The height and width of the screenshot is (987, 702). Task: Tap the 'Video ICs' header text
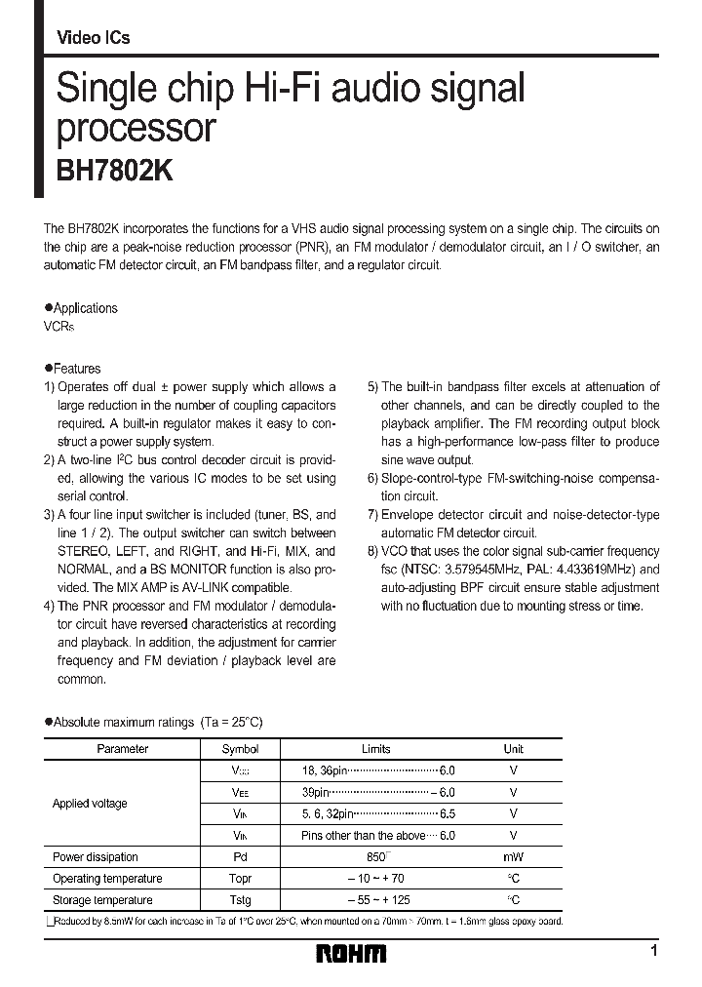click(94, 38)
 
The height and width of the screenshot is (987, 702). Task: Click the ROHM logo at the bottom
click(351, 952)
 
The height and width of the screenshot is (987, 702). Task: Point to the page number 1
click(653, 950)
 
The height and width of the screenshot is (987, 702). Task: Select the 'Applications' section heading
click(85, 308)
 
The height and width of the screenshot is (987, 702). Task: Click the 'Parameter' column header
click(123, 749)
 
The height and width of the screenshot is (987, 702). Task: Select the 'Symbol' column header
click(241, 749)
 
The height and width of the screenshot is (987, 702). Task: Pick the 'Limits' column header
click(376, 749)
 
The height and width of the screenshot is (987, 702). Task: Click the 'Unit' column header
click(514, 749)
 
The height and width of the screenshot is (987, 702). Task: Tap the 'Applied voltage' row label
click(90, 804)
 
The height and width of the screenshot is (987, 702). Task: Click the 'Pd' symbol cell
click(241, 857)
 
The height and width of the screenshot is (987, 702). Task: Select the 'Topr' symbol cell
click(241, 879)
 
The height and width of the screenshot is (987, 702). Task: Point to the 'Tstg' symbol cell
click(241, 900)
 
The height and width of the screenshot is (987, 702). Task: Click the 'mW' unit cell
click(514, 857)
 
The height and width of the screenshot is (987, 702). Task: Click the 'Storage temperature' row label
click(102, 900)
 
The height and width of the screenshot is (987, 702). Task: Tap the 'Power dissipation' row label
click(96, 857)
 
